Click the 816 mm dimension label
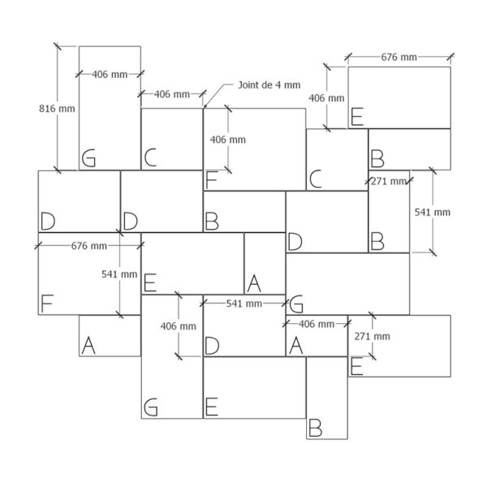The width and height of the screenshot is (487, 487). (57, 109)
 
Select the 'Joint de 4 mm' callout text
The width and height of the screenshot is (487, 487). (269, 84)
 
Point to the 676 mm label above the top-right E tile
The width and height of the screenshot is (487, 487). (399, 57)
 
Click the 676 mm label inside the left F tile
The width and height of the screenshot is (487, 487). (89, 246)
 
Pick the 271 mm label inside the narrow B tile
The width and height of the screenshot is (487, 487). (389, 181)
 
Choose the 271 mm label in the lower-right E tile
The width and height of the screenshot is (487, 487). (372, 336)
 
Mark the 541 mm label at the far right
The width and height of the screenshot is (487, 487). (433, 212)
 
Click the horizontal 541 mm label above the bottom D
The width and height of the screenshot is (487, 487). (244, 304)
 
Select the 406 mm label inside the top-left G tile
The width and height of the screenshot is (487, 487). (110, 75)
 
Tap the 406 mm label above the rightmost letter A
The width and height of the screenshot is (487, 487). (317, 324)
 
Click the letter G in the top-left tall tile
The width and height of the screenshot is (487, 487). (88, 158)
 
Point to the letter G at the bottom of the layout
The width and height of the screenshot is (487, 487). (151, 407)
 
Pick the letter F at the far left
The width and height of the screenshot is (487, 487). (47, 304)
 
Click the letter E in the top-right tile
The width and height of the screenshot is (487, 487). (357, 116)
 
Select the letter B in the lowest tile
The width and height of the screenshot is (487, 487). (315, 428)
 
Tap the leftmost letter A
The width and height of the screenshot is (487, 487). (88, 346)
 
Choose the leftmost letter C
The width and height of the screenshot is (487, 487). (150, 157)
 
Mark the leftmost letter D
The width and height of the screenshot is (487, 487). (48, 221)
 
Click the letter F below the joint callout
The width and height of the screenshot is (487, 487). (211, 180)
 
